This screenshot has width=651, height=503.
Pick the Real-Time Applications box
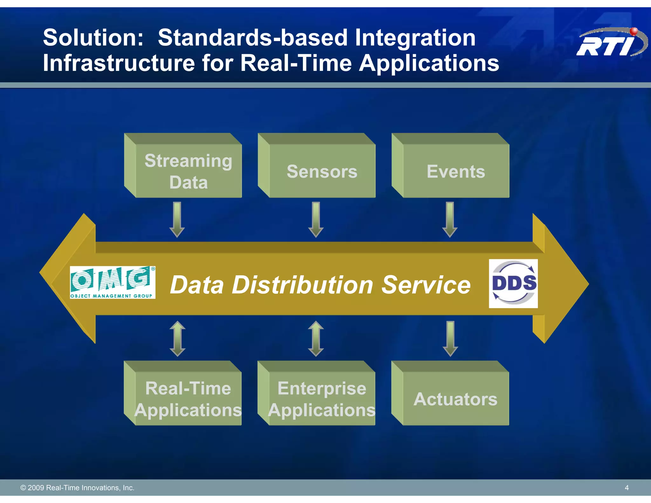tap(188, 399)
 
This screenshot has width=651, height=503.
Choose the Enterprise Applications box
tap(322, 399)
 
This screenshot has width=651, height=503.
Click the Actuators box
tap(456, 399)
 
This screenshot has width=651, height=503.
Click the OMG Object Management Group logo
tap(113, 282)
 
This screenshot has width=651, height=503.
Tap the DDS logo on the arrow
tap(513, 283)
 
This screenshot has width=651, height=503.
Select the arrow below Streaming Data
tap(177, 219)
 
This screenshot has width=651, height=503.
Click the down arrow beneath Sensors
tap(316, 219)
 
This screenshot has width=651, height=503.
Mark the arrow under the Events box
tap(450, 219)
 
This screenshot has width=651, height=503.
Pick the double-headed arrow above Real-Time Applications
tap(177, 338)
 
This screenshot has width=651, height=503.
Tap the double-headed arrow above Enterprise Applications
tap(316, 338)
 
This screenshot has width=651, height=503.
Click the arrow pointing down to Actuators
tap(450, 338)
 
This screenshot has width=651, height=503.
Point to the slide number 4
tap(627, 487)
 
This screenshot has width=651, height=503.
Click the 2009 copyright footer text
tap(77, 487)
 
